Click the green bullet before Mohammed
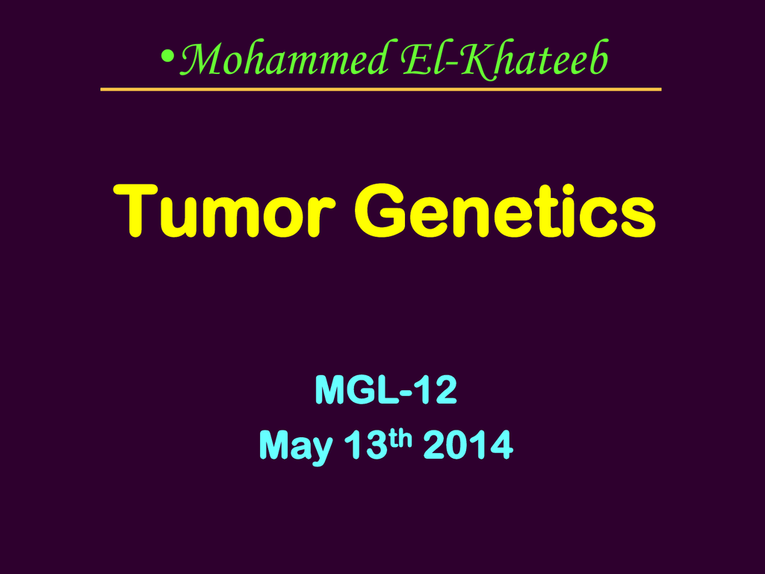(x=167, y=57)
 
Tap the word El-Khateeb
(x=505, y=58)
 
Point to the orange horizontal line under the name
(x=380, y=90)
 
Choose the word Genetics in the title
(x=505, y=210)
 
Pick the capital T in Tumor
(x=135, y=211)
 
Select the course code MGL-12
(x=386, y=389)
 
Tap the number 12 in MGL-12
(x=438, y=389)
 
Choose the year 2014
(x=468, y=445)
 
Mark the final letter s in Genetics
(x=638, y=218)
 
